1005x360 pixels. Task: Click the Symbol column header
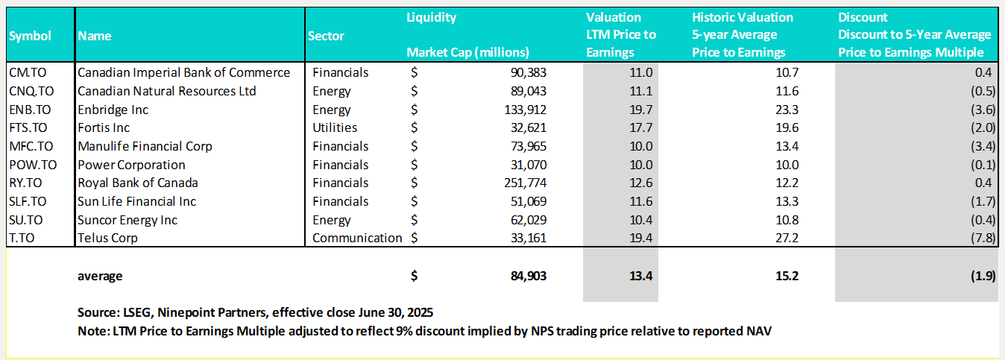(31, 36)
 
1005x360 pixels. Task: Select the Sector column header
(326, 36)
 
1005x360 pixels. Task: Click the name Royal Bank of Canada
(138, 183)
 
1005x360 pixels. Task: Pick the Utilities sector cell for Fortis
(335, 128)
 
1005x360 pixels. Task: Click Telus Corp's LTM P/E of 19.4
(641, 239)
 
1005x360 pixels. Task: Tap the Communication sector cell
(357, 239)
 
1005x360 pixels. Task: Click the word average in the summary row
(100, 276)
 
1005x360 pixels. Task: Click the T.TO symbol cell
(22, 239)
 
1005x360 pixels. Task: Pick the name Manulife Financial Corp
(145, 146)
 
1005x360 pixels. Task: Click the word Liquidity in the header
(432, 17)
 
